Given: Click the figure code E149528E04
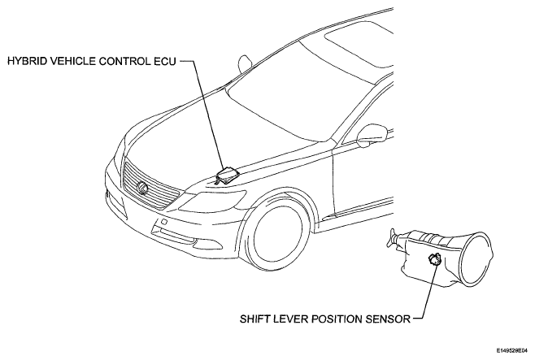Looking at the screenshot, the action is point(514,350).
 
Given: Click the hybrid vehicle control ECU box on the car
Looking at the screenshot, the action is point(227,176).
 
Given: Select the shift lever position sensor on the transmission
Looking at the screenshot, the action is point(434,260).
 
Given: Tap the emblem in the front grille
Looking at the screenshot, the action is point(141,188).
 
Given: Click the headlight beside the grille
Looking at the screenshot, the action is point(212,201).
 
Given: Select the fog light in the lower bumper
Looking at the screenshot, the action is point(175,236).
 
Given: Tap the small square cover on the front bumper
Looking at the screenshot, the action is point(163,222).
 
